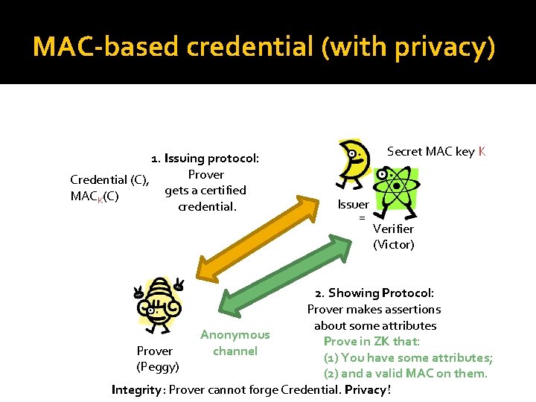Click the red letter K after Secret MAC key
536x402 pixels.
click(482, 152)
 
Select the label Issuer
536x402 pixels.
click(353, 205)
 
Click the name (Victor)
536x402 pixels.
click(394, 244)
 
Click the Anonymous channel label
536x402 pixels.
click(235, 343)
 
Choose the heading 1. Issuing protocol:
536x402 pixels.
click(205, 159)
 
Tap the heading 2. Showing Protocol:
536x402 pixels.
click(374, 293)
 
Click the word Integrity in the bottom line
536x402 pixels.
click(135, 389)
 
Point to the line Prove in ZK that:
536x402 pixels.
click(371, 341)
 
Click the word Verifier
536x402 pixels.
click(393, 229)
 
